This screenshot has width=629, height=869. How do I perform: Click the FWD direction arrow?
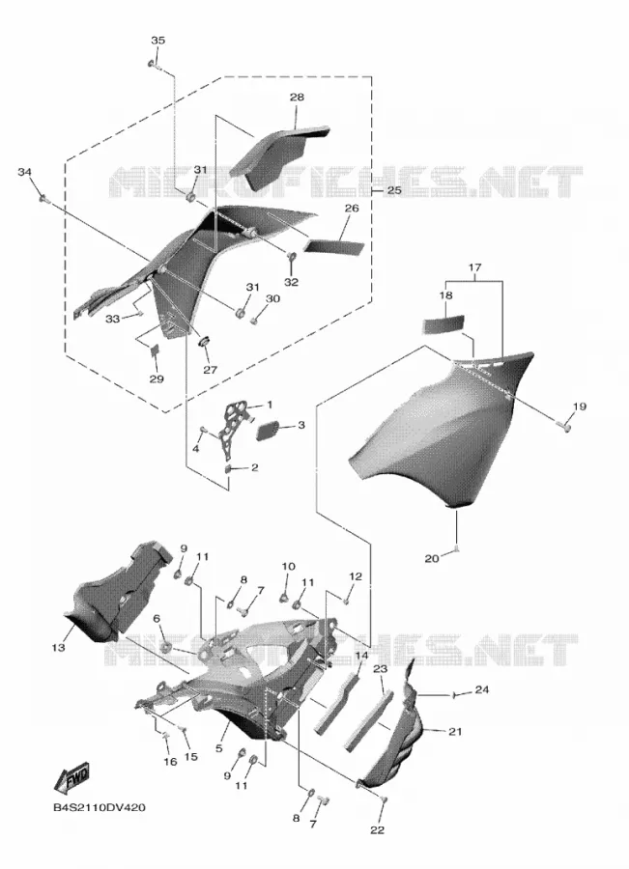click(71, 777)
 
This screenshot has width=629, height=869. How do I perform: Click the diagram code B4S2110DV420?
click(100, 807)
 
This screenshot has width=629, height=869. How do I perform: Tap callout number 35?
click(158, 41)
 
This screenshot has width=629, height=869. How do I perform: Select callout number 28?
click(297, 97)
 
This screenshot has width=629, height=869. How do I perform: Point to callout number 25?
click(394, 190)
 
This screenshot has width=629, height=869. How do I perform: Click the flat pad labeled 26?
click(334, 246)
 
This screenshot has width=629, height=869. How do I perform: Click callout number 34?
click(24, 172)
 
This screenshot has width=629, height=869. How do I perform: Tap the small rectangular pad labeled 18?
click(443, 323)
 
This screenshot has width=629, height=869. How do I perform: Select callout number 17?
click(474, 267)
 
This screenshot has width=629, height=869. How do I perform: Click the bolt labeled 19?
click(564, 426)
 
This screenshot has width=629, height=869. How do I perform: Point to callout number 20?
click(431, 558)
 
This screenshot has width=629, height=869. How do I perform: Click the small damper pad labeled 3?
click(269, 431)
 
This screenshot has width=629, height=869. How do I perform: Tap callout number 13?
click(58, 647)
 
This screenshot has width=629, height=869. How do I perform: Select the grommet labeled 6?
click(164, 646)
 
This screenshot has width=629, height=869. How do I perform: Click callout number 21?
click(455, 731)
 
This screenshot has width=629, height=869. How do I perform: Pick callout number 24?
click(482, 690)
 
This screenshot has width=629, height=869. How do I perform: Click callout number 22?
click(377, 829)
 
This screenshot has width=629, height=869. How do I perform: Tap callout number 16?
click(170, 762)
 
